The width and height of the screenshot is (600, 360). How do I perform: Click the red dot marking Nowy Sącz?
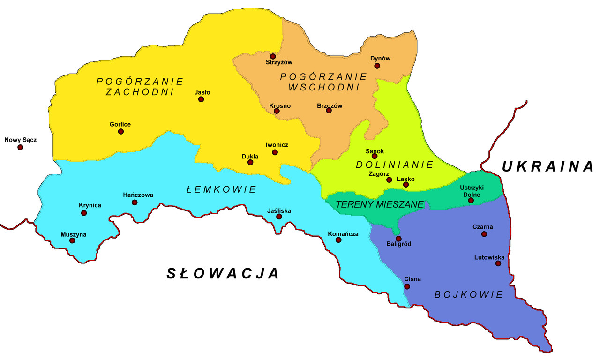tap(20, 147)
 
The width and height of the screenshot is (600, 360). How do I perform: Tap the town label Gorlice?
tap(120, 124)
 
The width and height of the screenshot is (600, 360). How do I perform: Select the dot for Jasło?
tap(202, 99)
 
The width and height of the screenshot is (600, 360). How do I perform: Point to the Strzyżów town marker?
tap(273, 56)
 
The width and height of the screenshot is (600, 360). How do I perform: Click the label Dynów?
tap(380, 59)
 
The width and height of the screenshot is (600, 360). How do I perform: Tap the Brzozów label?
tap(330, 106)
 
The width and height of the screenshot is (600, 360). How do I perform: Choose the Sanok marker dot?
tap(374, 156)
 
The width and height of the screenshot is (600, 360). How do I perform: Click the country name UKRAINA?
tap(547, 166)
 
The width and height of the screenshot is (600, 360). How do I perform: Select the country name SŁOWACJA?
tap(223, 273)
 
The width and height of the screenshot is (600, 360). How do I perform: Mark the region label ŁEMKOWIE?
tap(221, 189)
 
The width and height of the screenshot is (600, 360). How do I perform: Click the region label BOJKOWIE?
tap(468, 295)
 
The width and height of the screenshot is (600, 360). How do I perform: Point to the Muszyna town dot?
tap(72, 240)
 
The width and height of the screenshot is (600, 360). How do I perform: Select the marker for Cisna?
tap(407, 286)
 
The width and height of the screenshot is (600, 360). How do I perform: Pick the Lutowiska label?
tap(489, 257)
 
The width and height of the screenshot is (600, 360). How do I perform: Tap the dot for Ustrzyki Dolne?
tap(471, 201)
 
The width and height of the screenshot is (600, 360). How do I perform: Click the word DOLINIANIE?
tap(394, 165)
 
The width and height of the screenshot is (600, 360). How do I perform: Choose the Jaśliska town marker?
tap(279, 217)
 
